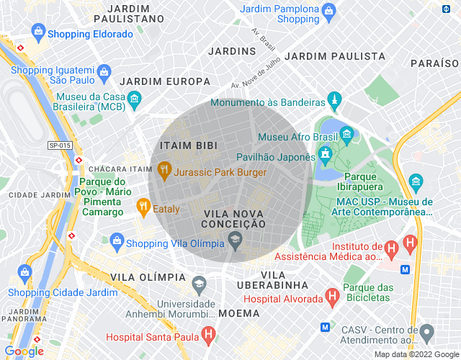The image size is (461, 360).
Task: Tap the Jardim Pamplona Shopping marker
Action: pos(328,11)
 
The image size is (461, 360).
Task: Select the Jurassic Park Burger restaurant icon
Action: pos(165,172)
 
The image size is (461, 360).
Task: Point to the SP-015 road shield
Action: pos(60,145)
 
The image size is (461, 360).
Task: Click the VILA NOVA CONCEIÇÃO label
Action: pos(235,219)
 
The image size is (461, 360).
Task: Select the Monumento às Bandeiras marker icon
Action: pos(333,98)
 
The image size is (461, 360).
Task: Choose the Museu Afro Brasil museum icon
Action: pos(347,133)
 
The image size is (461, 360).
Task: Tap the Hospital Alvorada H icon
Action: pos(332,296)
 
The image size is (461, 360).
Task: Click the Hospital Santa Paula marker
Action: pos(208,334)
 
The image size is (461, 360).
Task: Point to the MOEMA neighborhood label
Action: pos(238,313)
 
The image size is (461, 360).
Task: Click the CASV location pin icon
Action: pos(427,333)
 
